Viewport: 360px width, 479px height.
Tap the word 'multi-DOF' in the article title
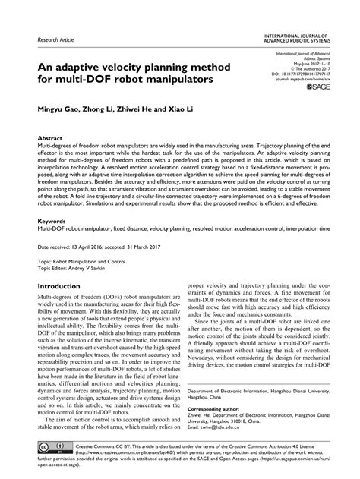point(75,79)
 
